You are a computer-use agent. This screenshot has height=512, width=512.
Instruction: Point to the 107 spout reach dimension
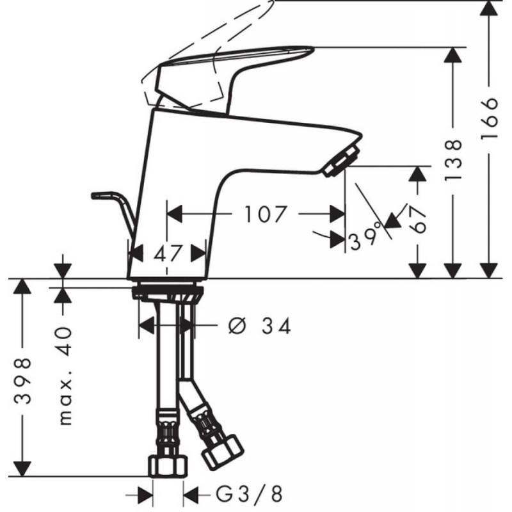pos(265,214)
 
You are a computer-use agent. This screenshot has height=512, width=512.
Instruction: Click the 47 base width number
pos(168,253)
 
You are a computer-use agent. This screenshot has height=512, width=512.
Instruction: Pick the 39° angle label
pos(365,239)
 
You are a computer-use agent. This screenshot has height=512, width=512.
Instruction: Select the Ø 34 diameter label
pos(260,326)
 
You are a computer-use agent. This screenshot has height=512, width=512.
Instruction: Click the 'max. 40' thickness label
pos(64,378)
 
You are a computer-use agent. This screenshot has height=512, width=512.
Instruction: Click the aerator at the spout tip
pos(342,160)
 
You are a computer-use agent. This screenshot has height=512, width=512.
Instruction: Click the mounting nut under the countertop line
pos(168,293)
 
